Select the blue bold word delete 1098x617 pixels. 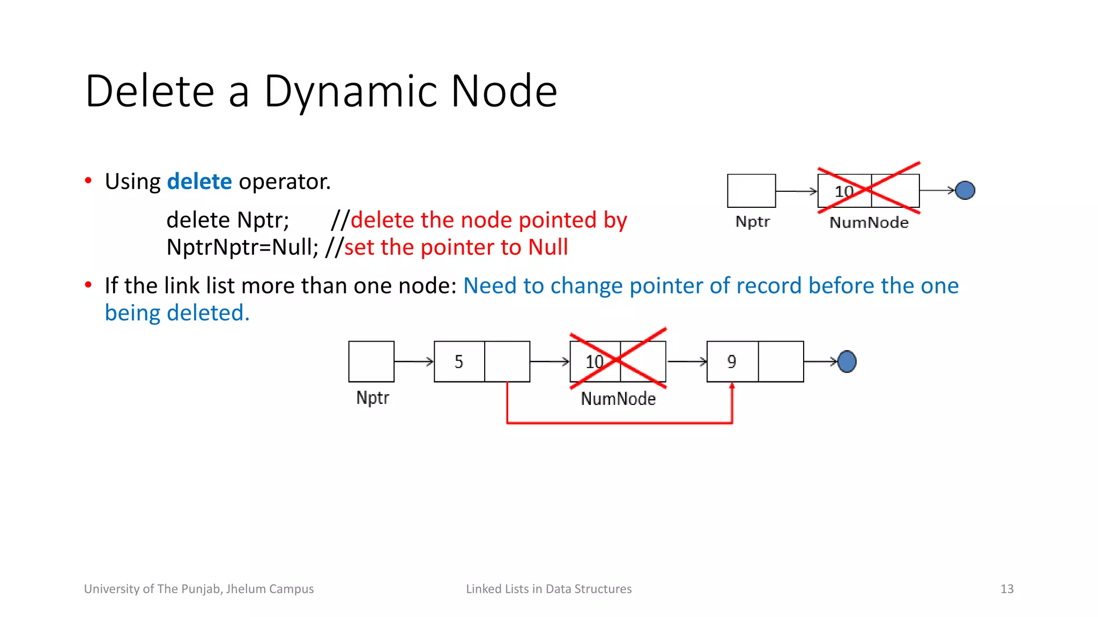[199, 182]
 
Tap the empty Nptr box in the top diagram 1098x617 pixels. [751, 191]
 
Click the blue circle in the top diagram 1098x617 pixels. [965, 190]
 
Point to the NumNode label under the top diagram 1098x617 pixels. [869, 223]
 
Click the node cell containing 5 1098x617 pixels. [459, 362]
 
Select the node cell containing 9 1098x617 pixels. [732, 362]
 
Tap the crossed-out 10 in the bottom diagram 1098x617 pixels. [595, 362]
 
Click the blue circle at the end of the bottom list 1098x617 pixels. [847, 362]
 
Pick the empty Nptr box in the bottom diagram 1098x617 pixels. [371, 362]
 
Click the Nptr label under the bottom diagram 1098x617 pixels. [373, 398]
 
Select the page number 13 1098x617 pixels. [1006, 589]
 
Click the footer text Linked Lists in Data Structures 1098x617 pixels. [548, 589]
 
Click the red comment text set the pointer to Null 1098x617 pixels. [456, 247]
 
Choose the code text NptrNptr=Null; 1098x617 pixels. [242, 247]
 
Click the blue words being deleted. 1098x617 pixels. [177, 313]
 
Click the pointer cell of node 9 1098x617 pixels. [781, 362]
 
